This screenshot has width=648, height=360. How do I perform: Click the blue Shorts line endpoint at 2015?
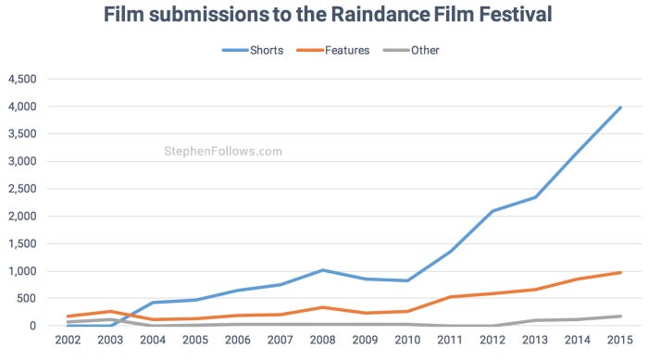pyautogui.click(x=620, y=107)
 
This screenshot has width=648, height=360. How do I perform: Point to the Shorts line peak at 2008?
pyautogui.click(x=321, y=270)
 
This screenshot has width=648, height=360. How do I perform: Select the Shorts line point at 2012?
pyautogui.click(x=492, y=211)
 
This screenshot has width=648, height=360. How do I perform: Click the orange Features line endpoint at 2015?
pyautogui.click(x=620, y=272)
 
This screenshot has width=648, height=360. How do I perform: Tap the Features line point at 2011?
pyautogui.click(x=449, y=297)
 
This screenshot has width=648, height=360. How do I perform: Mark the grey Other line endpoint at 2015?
pyautogui.click(x=620, y=317)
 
